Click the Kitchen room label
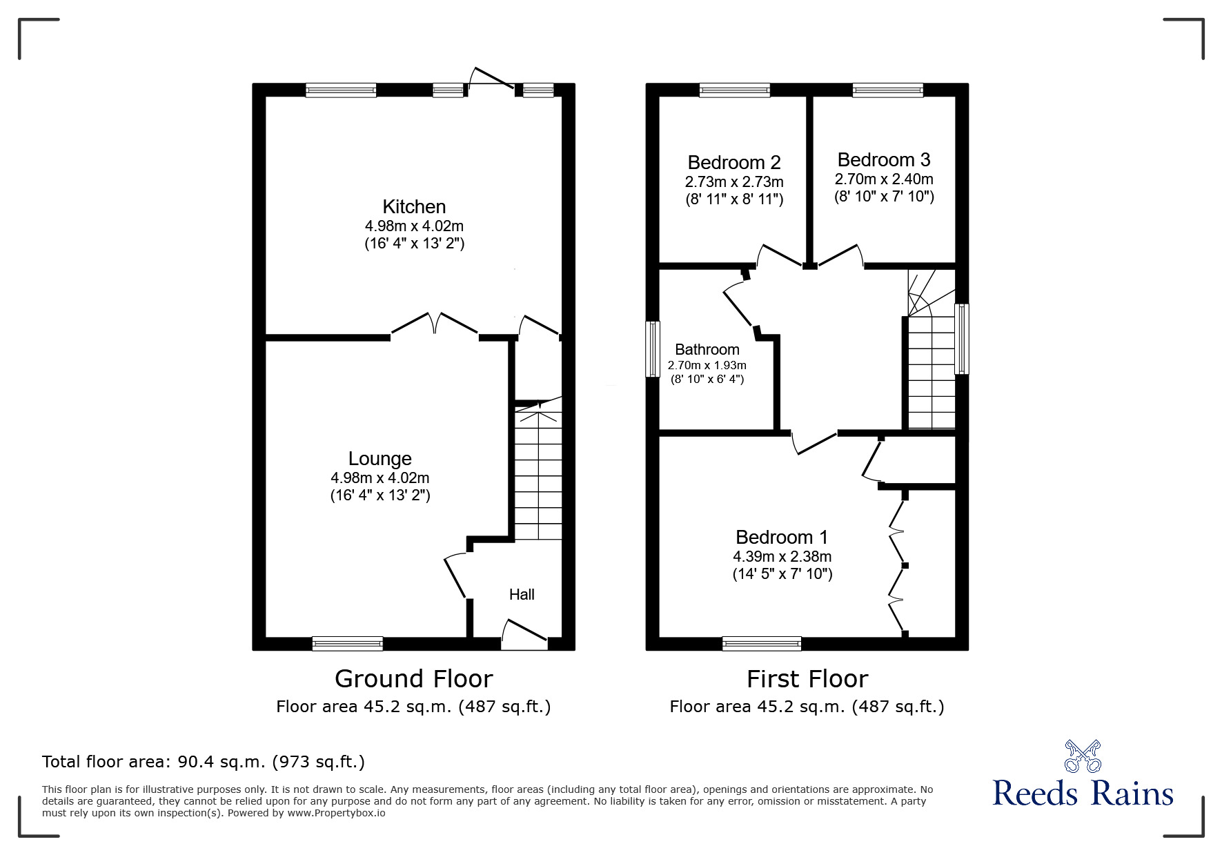click(414, 206)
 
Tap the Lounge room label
click(380, 459)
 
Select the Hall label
click(522, 594)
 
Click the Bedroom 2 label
click(734, 163)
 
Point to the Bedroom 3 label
click(884, 160)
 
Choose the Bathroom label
click(707, 350)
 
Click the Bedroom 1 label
click(782, 537)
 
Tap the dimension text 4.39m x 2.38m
click(782, 556)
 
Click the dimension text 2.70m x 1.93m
click(707, 365)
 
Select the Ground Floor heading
click(413, 679)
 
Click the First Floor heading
click(807, 679)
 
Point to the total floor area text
click(204, 762)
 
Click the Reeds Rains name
click(1083, 794)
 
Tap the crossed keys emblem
click(1083, 756)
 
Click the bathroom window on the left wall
click(652, 348)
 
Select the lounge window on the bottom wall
click(347, 643)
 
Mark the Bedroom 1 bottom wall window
click(762, 643)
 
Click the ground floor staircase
click(538, 476)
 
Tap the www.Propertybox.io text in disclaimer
click(336, 813)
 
